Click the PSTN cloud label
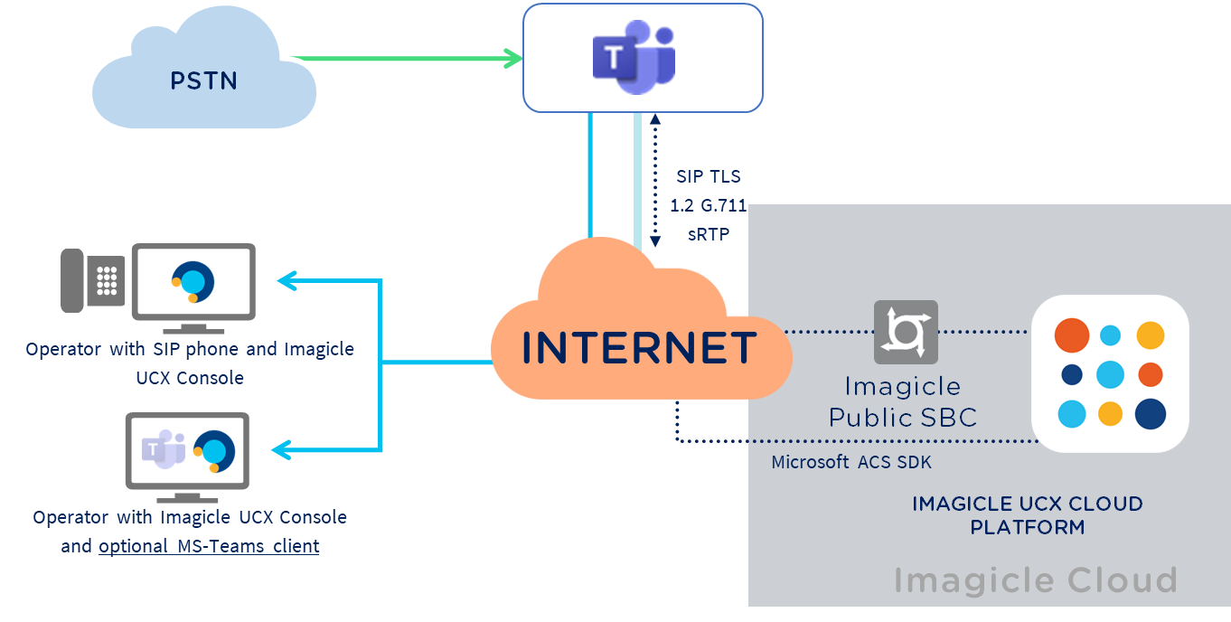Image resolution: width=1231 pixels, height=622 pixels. (x=203, y=81)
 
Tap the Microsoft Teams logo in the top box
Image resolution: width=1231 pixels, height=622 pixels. (x=634, y=60)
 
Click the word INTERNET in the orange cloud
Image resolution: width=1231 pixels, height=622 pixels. (x=640, y=349)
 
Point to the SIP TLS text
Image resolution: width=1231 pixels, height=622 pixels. (x=709, y=176)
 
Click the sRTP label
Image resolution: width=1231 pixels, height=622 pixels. (x=709, y=234)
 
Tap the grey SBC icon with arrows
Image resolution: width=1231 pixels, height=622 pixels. (x=906, y=332)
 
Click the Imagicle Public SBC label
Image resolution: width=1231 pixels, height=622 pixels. (x=903, y=402)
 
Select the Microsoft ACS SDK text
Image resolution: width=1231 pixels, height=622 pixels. (x=850, y=462)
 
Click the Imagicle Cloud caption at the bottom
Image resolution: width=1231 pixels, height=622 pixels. (x=1035, y=580)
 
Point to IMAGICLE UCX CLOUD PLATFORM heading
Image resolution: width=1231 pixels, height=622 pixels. (x=1028, y=514)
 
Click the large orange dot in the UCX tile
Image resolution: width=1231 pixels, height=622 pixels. (x=1072, y=335)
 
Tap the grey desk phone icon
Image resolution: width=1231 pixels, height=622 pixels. (x=92, y=281)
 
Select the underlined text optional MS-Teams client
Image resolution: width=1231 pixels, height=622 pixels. (x=209, y=546)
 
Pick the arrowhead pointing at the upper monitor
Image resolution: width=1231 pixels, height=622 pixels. (x=287, y=281)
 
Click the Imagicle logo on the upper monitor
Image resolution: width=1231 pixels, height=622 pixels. (x=193, y=281)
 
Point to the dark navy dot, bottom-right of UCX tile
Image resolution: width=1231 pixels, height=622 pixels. (x=1150, y=413)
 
